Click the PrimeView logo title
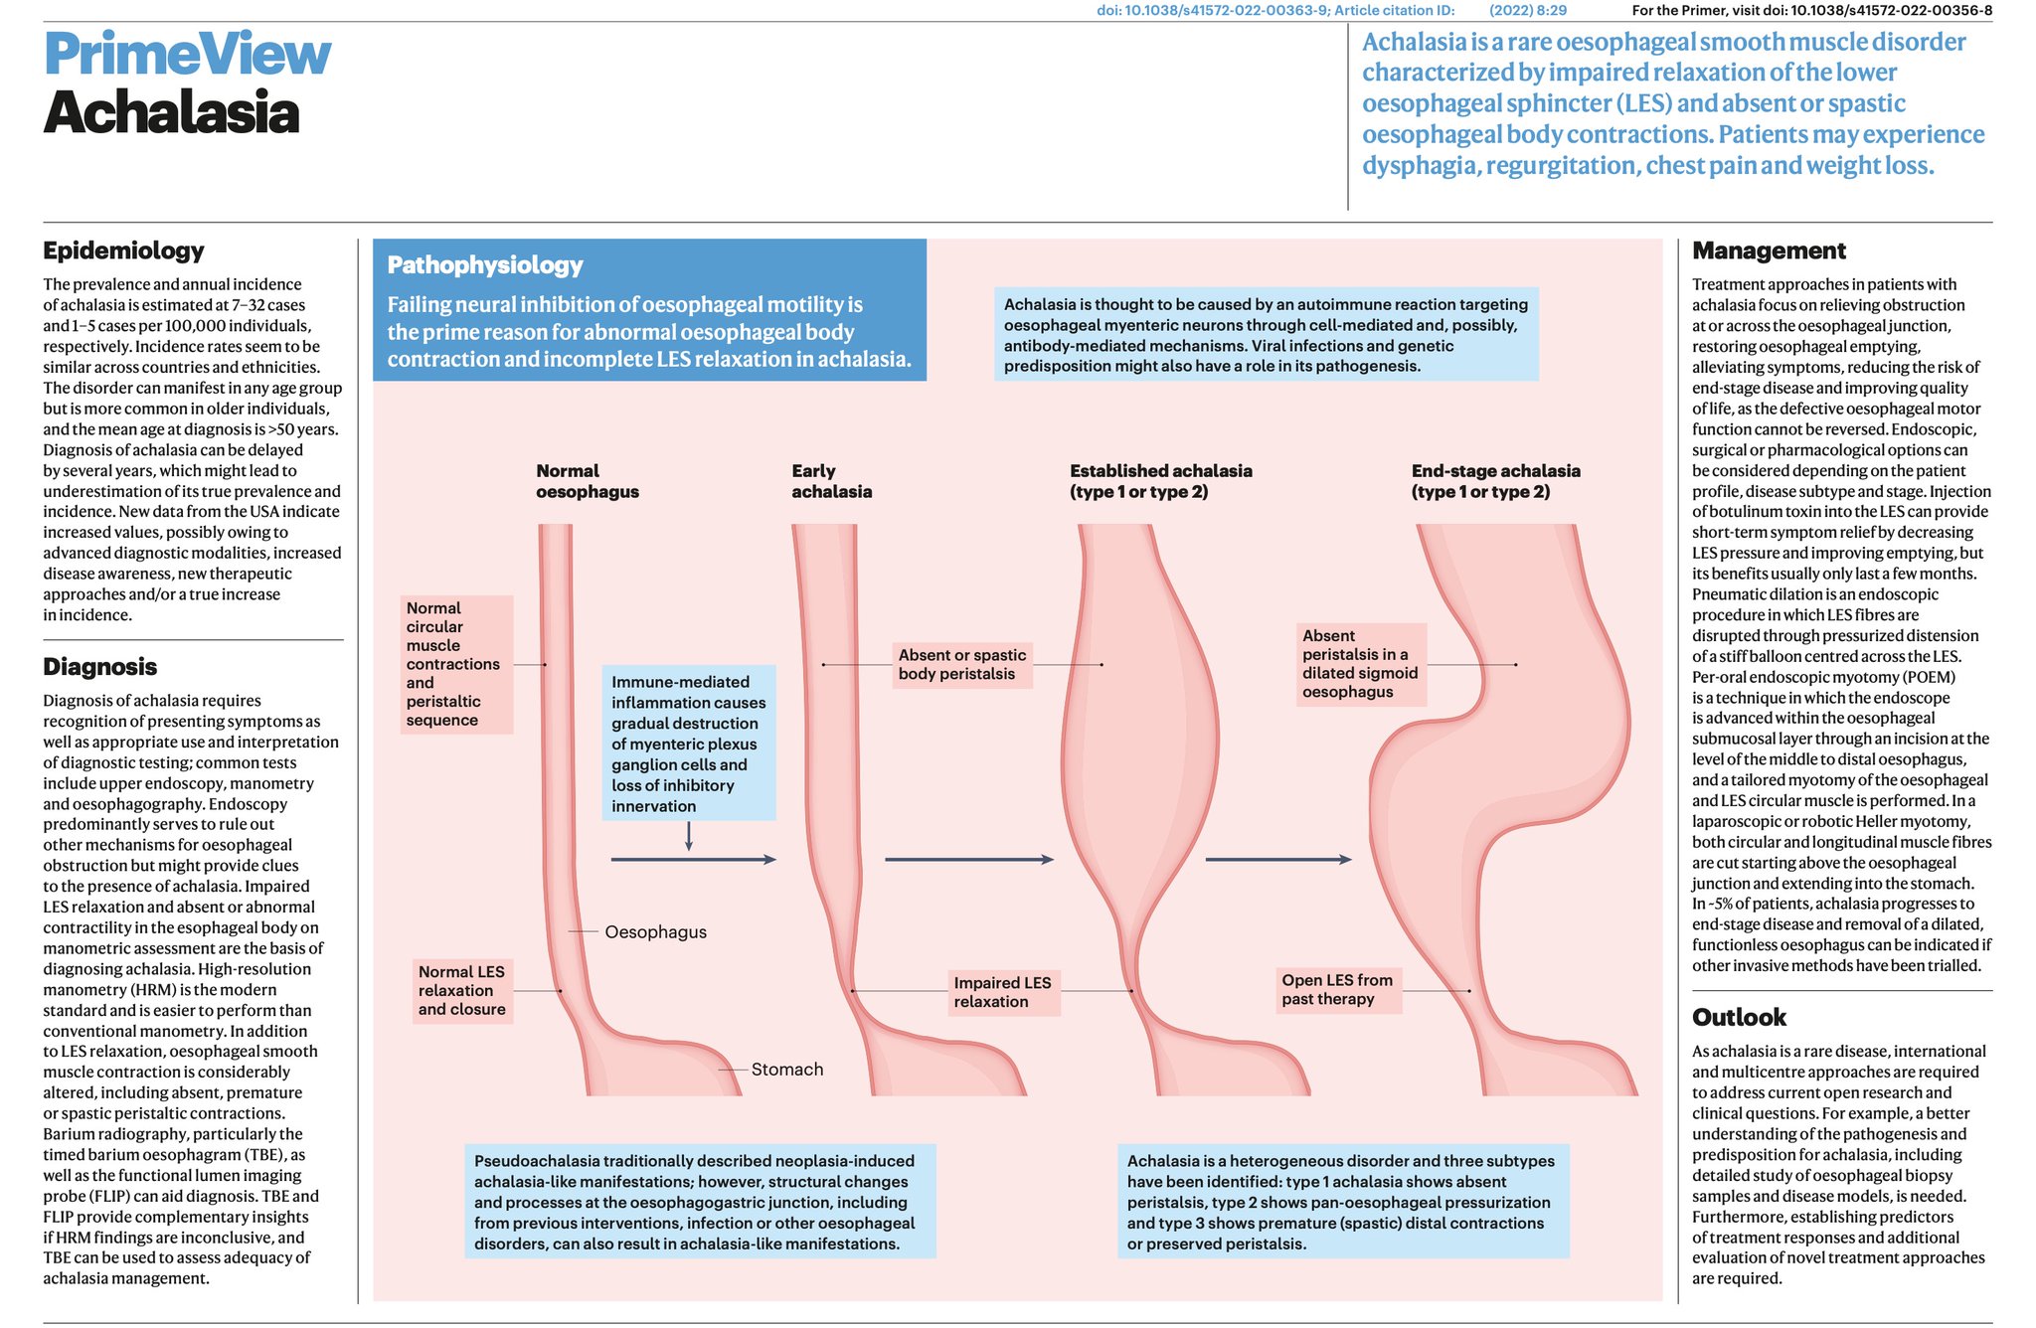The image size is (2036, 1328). tap(187, 54)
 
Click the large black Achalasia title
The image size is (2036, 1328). tap(171, 111)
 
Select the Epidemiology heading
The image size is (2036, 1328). tap(123, 250)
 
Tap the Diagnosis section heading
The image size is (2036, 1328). tap(99, 666)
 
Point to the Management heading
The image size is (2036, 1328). tap(1769, 250)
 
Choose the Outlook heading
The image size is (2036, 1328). tap(1739, 1017)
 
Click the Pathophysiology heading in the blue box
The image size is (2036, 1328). tap(485, 265)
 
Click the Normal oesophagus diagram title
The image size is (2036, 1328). tap(588, 481)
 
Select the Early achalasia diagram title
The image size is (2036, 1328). tap(831, 481)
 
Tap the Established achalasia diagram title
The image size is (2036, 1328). tap(1161, 481)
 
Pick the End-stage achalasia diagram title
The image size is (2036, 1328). tap(1495, 481)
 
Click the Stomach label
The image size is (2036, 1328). tap(787, 1070)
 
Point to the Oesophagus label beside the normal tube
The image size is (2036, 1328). tap(656, 932)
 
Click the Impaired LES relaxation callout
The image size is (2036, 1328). tap(1003, 992)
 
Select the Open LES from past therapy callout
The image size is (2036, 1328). tap(1338, 989)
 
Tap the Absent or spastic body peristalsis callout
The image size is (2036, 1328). tap(962, 664)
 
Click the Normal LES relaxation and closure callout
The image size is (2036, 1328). tap(462, 990)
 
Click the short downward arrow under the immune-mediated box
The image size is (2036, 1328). tap(689, 836)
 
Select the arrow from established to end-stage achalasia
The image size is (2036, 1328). tap(1278, 859)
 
